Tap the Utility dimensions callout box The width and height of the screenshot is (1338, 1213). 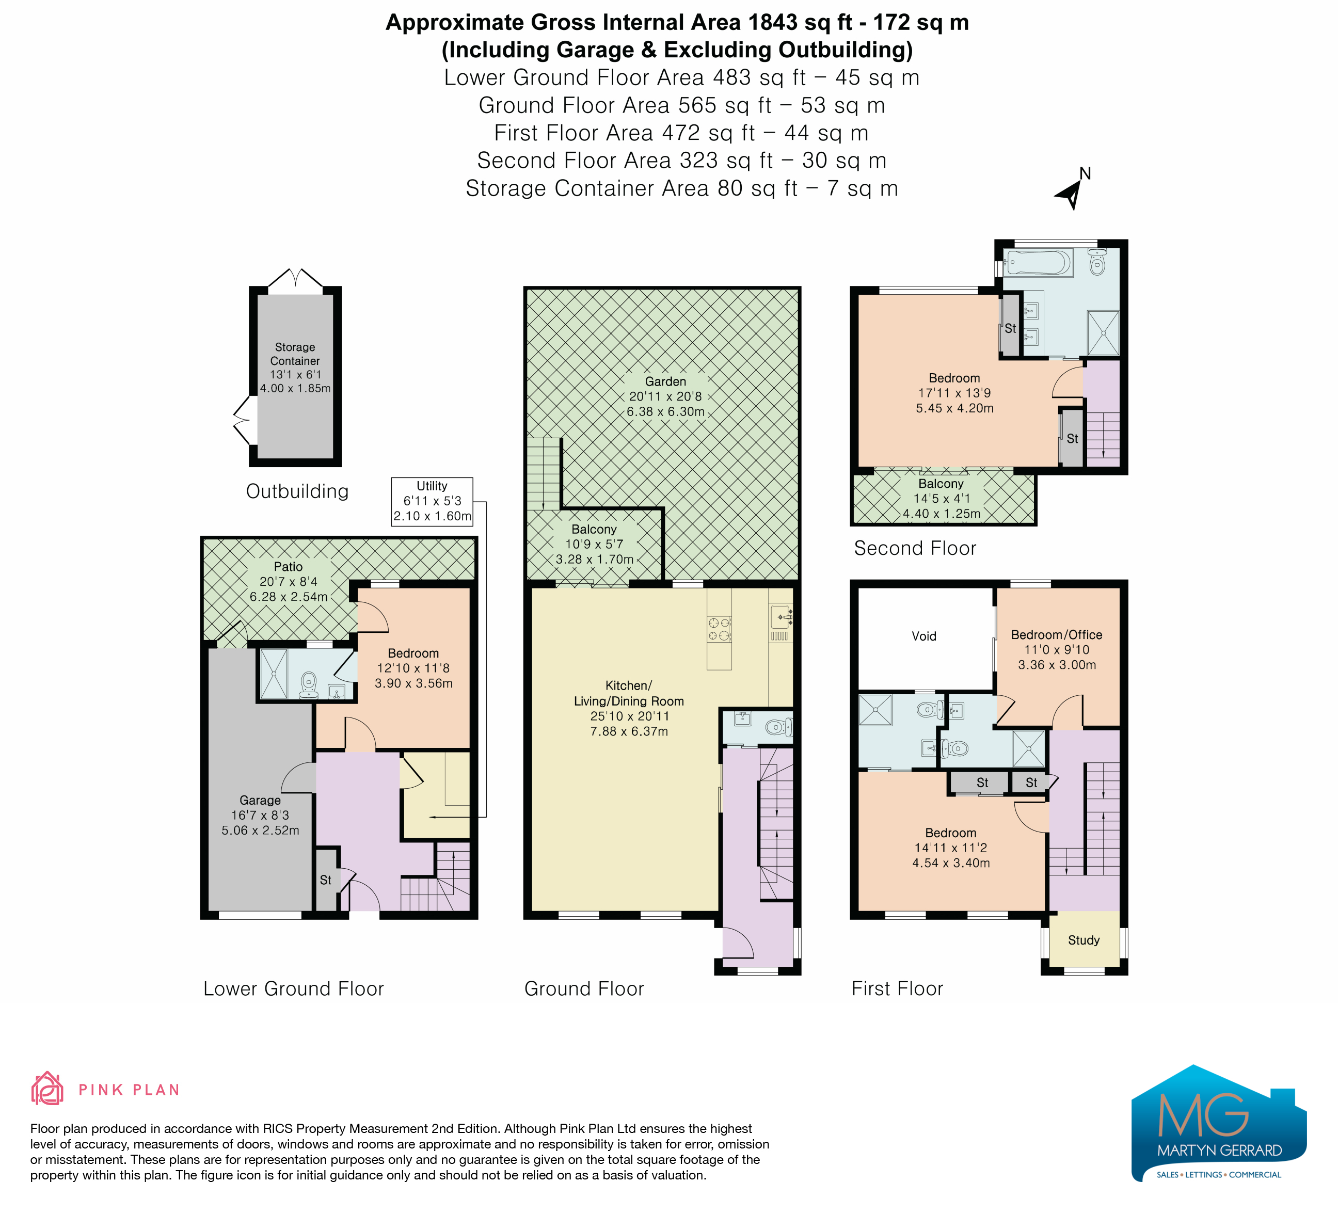[x=432, y=502]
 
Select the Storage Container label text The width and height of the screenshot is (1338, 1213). [x=295, y=354]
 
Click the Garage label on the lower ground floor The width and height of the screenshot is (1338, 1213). [x=260, y=800]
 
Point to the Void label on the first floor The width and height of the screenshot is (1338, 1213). [x=924, y=636]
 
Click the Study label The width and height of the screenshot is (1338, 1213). [x=1084, y=940]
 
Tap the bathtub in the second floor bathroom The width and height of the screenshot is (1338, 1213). [x=1038, y=262]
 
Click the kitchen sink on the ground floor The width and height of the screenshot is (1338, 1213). [x=780, y=617]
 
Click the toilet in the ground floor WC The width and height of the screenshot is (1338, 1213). [x=778, y=727]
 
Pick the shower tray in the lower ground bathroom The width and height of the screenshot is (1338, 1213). [x=274, y=674]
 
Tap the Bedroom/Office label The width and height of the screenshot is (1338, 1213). [x=1057, y=634]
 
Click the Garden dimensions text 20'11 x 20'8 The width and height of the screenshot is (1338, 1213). [x=666, y=396]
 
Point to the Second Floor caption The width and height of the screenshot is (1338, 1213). [x=915, y=548]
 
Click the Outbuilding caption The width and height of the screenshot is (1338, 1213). [x=297, y=491]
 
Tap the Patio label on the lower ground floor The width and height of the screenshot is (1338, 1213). [x=288, y=567]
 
